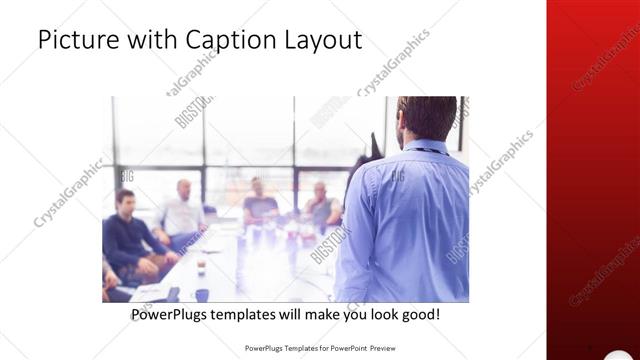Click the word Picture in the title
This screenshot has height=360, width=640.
(x=75, y=40)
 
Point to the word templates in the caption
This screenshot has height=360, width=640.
(x=255, y=314)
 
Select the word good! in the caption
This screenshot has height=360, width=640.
(x=418, y=314)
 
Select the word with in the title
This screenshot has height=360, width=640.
(x=149, y=40)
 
